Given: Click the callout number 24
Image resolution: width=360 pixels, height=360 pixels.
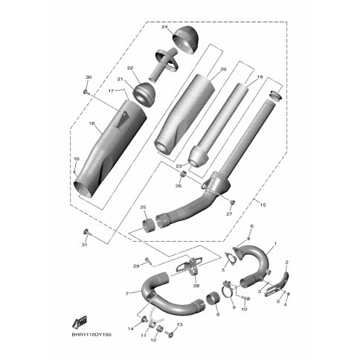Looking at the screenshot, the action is tap(165, 27).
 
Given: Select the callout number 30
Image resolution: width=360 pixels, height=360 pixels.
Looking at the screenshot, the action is tap(89, 77).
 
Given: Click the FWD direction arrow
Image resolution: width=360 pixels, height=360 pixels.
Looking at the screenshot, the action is tap(80, 321).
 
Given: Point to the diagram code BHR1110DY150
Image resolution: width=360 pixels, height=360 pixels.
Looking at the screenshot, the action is tap(91, 335).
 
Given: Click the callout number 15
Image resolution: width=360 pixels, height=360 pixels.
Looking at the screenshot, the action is tap(263, 205).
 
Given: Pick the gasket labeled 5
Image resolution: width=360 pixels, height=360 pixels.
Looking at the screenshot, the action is tap(230, 258).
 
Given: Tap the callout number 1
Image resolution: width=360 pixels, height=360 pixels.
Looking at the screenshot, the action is tap(274, 244).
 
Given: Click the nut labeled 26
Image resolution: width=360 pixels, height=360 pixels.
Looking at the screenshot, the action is tap(183, 174).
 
